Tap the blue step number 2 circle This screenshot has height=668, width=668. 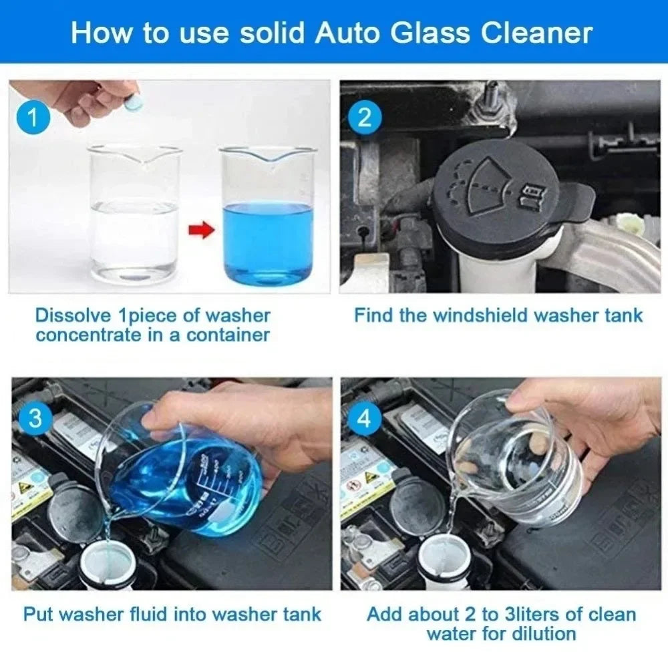pyautogui.click(x=365, y=118)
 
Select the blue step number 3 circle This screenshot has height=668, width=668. pyautogui.click(x=35, y=419)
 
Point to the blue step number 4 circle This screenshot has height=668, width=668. pyautogui.click(x=365, y=419)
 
